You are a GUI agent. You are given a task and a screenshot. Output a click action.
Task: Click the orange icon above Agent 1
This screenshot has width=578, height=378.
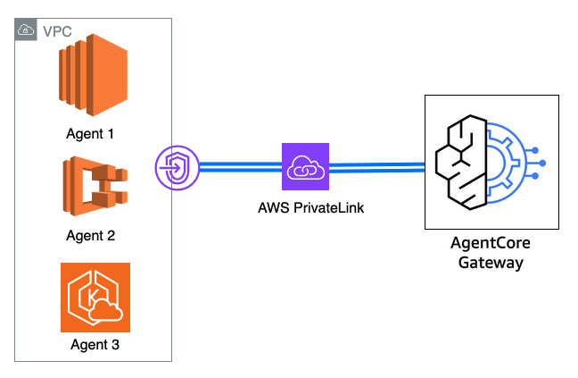pos(93,74)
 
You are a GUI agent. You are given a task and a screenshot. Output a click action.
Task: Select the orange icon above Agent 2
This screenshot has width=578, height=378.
pos(94,188)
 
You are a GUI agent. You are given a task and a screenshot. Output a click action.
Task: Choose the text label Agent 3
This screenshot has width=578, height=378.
pos(94,343)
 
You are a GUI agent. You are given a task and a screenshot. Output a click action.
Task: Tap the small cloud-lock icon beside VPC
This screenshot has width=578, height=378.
pos(26,30)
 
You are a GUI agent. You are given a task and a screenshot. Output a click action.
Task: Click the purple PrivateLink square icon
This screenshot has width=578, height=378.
pos(305,166)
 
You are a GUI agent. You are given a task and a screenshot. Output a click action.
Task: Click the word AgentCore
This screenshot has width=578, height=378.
pos(490,245)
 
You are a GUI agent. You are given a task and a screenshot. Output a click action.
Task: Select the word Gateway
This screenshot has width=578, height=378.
pos(490,263)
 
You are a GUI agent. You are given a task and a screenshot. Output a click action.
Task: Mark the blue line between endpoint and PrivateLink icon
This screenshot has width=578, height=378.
pos(236,166)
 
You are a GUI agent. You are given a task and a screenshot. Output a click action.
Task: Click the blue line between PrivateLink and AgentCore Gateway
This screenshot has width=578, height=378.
pos(375,165)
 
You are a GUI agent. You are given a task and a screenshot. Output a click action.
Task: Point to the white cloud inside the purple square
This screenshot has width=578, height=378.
pos(305,166)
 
